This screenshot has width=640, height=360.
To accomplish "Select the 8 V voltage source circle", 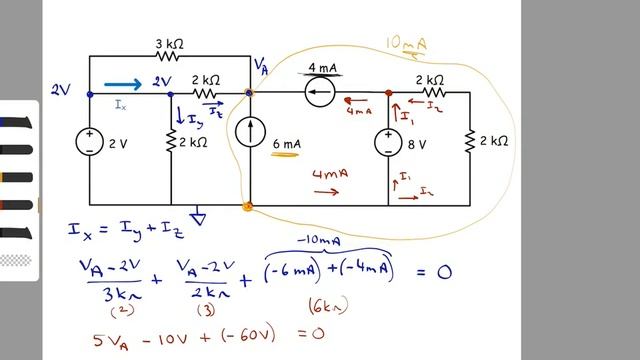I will tap(389, 143).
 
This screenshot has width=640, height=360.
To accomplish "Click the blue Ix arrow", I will tap(123, 85).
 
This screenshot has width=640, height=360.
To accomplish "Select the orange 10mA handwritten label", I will tap(408, 45).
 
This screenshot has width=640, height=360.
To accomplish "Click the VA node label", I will tap(261, 66).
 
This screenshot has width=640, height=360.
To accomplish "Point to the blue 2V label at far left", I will tap(62, 90).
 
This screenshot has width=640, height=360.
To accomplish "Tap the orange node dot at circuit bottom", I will tap(249, 207).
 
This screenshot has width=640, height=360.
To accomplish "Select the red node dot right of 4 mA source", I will tap(389, 94).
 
